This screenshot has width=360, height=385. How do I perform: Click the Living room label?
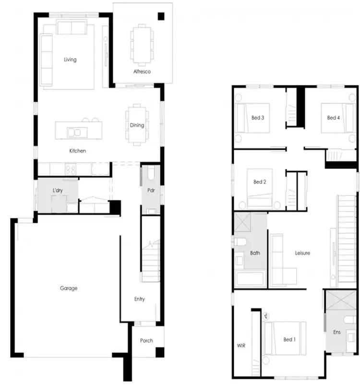pos(71,60)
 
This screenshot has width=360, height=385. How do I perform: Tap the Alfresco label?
pos(142,72)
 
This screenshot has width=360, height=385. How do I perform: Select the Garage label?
pos(69,289)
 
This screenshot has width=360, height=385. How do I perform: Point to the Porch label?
pos(146,340)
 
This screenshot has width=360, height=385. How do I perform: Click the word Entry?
pos(139,299)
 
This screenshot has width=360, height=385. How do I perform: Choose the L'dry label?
pos(58,191)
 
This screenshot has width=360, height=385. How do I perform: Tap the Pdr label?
pos(150,190)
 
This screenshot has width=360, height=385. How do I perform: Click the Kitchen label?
pos(77,151)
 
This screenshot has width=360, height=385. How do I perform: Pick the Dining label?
pos(137,125)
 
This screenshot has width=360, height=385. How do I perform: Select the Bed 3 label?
pos(258,118)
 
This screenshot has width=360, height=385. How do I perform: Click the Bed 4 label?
pos(334,118)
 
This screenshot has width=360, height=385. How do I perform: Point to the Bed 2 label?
pos(260,182)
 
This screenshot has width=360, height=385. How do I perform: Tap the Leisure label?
pos(302,253)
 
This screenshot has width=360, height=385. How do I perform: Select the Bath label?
pos(255,253)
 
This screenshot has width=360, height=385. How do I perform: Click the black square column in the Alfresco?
pos(161,17)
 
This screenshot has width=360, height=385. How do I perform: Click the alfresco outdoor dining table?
pos(142,46)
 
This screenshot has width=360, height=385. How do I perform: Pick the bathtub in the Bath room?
pos(250,279)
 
